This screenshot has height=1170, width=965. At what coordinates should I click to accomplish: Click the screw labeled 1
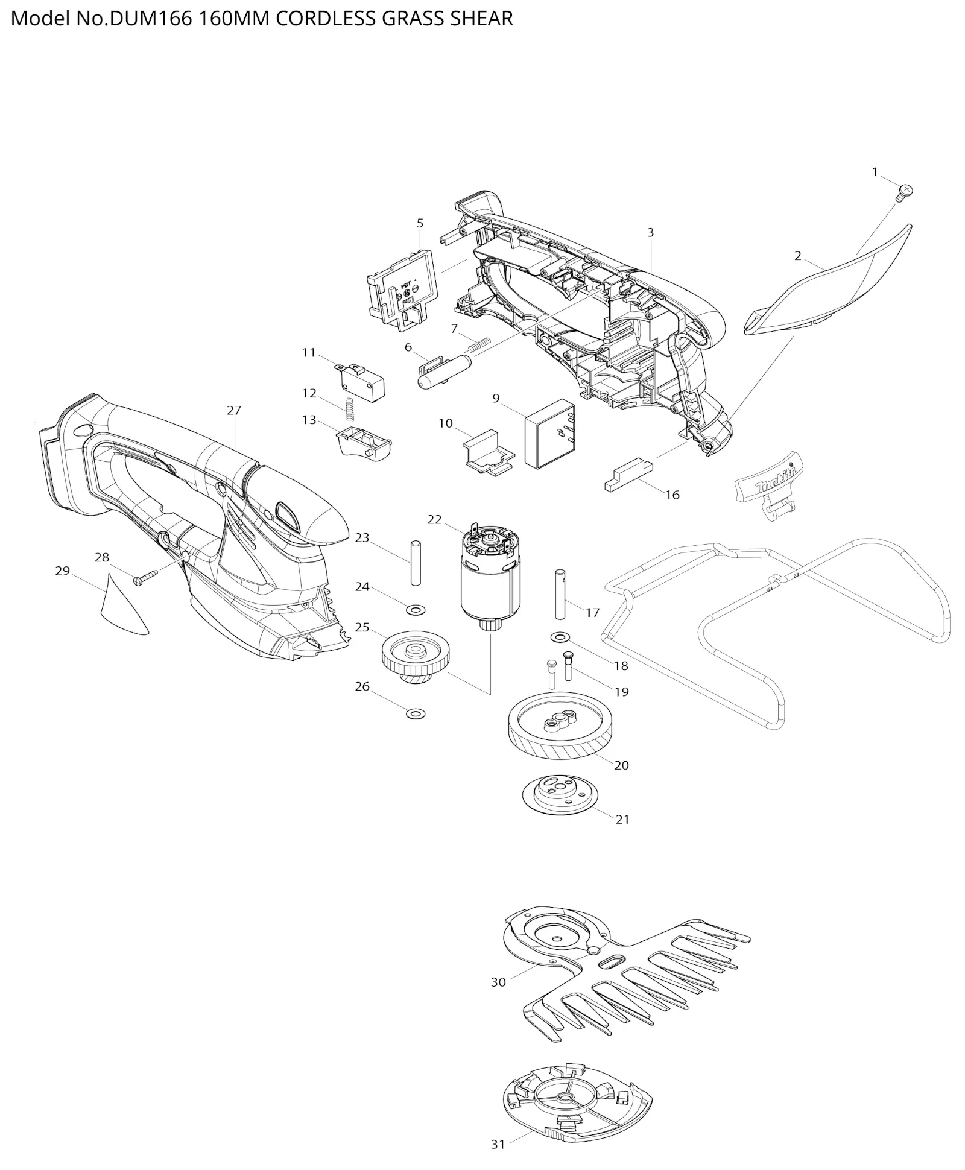[x=903, y=192]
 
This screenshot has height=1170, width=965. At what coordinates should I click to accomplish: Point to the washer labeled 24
[x=416, y=610]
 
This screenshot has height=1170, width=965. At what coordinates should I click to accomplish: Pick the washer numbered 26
[x=416, y=714]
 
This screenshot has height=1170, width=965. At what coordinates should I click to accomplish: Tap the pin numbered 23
[x=415, y=563]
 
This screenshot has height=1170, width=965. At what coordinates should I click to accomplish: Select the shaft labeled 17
[x=560, y=594]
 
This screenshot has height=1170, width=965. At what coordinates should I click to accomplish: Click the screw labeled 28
[x=145, y=578]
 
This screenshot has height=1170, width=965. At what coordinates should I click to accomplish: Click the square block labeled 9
[x=550, y=433]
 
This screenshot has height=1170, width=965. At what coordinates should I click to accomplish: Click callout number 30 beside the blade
[x=498, y=982]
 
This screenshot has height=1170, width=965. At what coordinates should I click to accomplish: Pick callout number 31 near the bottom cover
[x=498, y=1144]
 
